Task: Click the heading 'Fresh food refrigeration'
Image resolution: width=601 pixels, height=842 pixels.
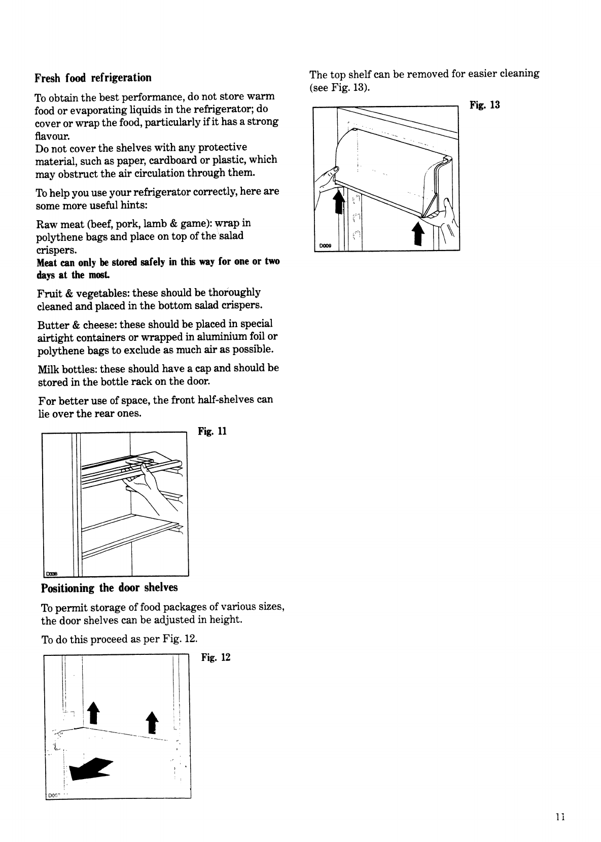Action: point(93,78)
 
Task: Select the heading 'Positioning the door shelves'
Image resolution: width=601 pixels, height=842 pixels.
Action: point(109,588)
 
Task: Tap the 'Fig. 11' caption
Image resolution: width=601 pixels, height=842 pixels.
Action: point(212,432)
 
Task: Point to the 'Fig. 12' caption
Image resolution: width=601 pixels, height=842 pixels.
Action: point(216,658)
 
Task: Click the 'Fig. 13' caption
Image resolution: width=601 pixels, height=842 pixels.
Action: point(485,105)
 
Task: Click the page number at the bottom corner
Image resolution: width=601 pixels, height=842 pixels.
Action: point(560,817)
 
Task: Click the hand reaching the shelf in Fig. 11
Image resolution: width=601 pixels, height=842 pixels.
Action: point(147,487)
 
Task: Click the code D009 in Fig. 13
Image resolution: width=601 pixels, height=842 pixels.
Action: point(325,247)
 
